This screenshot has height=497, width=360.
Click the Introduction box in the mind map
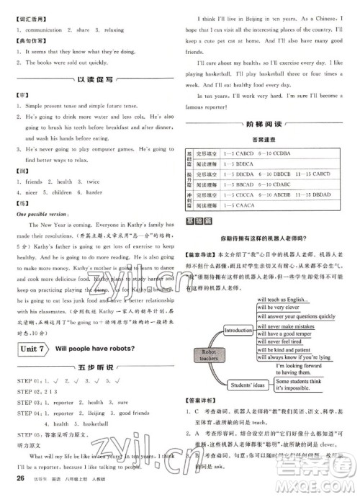tap(235, 330)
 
